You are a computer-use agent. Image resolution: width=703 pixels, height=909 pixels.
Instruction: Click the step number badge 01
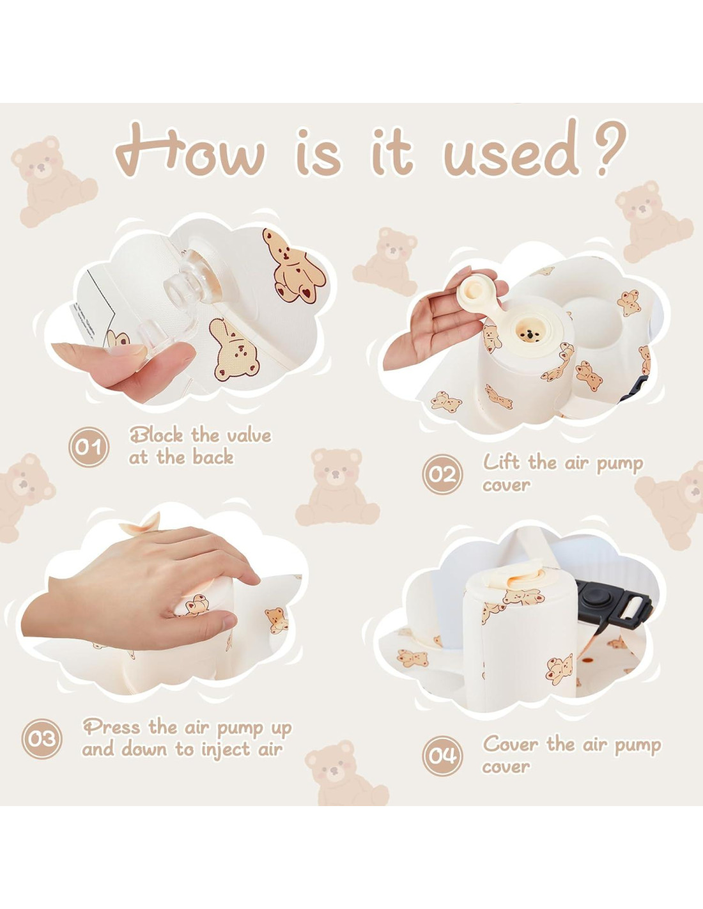89,447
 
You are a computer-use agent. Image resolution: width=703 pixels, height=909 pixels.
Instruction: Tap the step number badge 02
442,474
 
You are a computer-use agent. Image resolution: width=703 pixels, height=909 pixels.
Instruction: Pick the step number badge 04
442,756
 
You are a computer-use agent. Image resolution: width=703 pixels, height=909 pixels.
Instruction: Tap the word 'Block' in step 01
157,435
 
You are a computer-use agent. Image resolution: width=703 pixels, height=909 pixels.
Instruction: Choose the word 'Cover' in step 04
510,744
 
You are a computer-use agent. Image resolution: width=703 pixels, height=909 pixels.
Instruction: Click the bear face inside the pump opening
529,334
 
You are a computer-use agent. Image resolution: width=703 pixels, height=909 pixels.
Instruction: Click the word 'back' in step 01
213,457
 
